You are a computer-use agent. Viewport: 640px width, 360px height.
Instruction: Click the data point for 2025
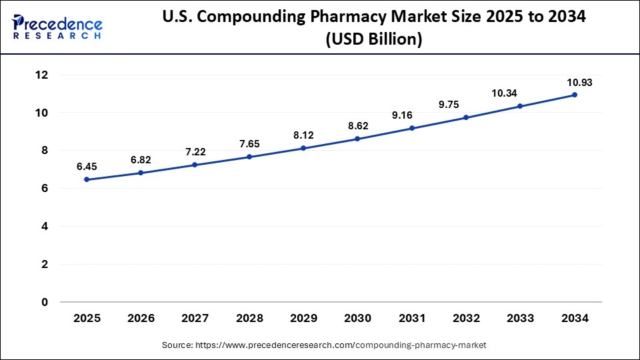pos(87,179)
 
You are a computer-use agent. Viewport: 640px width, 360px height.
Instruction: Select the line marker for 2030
pos(357,139)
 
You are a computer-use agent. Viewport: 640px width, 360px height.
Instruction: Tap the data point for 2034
pos(575,95)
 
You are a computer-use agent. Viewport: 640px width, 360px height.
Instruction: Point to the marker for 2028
pos(249,157)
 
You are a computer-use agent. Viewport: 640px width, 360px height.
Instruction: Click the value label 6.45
pos(87,165)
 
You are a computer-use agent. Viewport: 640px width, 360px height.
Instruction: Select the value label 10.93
pos(575,83)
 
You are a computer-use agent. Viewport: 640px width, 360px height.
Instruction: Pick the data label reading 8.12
pos(303,135)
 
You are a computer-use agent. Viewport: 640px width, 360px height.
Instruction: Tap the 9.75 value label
pos(466,104)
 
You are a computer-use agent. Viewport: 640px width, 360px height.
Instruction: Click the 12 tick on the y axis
pos(42,75)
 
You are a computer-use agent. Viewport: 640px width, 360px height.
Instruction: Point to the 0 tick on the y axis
pos(45,302)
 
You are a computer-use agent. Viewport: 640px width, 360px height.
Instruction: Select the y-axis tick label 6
pos(45,189)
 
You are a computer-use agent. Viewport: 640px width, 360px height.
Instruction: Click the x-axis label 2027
pos(195,319)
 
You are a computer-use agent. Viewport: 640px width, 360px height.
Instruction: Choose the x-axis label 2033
pos(520,319)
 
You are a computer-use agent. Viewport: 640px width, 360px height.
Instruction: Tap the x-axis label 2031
pos(412,319)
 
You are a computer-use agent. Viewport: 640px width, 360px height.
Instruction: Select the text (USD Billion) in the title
pos(374,40)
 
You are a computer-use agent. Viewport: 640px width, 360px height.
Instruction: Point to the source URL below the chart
pos(324,345)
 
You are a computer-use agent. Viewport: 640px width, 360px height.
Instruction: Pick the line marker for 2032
pos(466,117)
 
